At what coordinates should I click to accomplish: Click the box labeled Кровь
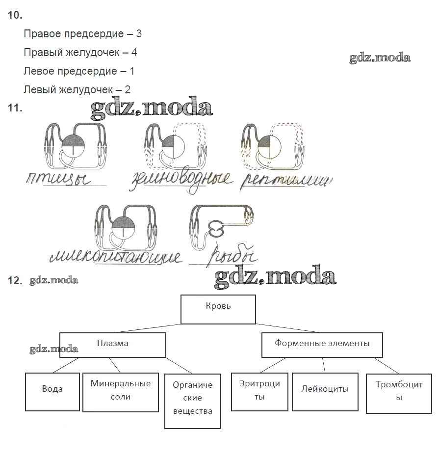(x=218, y=309)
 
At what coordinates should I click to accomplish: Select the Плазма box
(x=112, y=344)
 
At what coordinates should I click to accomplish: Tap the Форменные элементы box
(x=322, y=344)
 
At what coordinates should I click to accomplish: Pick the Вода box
(x=52, y=391)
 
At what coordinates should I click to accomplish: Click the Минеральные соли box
(x=121, y=392)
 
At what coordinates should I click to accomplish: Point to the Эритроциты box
(x=260, y=391)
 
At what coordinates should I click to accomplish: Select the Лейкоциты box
(x=325, y=391)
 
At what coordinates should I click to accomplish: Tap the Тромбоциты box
(x=398, y=392)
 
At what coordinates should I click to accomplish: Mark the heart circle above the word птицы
(x=73, y=146)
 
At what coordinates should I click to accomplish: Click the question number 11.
(x=15, y=108)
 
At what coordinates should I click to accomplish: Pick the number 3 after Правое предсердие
(x=139, y=34)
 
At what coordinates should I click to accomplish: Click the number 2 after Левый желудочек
(x=128, y=90)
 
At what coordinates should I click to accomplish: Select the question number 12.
(x=15, y=281)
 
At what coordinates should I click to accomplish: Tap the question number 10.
(x=15, y=15)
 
